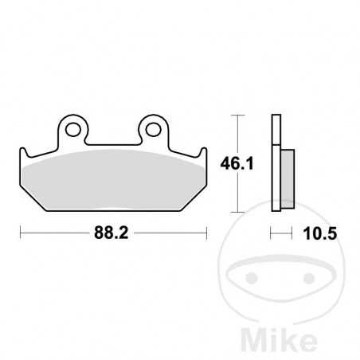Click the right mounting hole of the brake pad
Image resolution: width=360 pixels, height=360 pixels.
(x=151, y=127)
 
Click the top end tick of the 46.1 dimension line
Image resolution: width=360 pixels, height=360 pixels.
(x=236, y=116)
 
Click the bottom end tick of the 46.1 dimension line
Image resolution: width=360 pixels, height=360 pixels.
(x=236, y=213)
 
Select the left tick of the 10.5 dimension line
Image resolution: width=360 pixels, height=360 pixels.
(x=272, y=233)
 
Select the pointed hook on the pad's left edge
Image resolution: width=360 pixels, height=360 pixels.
(x=22, y=151)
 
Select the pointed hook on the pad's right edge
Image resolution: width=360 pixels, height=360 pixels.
(x=205, y=151)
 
